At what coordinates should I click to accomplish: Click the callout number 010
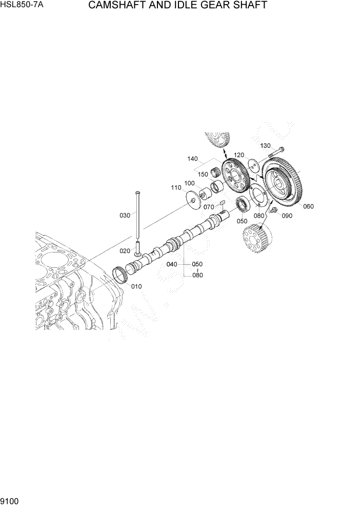click(x=136, y=286)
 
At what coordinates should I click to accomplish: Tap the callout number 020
click(x=125, y=251)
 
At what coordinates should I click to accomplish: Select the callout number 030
click(x=125, y=216)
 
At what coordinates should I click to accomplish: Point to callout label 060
click(x=308, y=207)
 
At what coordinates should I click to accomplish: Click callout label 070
click(x=209, y=207)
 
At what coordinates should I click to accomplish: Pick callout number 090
click(x=287, y=216)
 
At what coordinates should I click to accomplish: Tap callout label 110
click(x=176, y=188)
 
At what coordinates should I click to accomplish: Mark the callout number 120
click(x=239, y=155)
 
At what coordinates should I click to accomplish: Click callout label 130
click(x=265, y=146)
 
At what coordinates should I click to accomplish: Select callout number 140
click(x=193, y=160)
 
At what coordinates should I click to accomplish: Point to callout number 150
click(x=204, y=174)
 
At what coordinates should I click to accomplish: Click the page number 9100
click(x=10, y=499)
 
